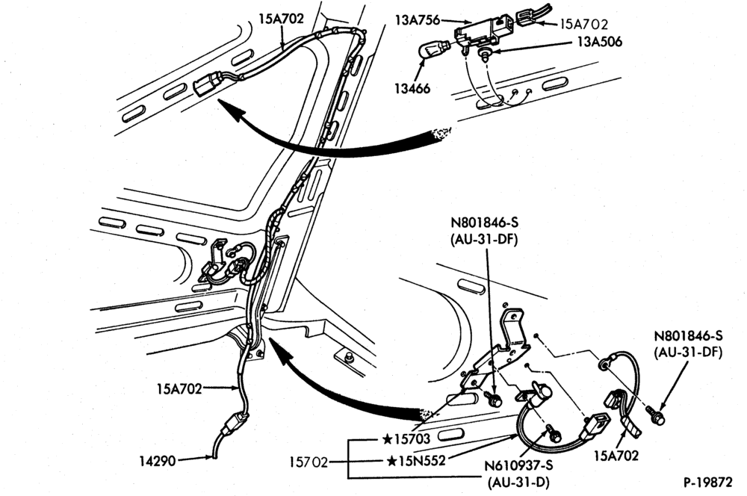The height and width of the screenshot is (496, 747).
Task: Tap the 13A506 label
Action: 599,42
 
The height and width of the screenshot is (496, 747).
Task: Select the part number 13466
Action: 412,88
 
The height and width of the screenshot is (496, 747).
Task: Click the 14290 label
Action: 157,461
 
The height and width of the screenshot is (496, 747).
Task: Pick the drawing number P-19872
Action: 708,483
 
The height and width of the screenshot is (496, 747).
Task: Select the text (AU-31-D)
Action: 519,483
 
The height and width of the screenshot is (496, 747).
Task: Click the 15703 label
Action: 412,438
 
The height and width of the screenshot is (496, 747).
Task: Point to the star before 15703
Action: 387,438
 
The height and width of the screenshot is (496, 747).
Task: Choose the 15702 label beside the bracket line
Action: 309,462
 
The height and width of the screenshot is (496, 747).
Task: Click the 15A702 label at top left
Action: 281,19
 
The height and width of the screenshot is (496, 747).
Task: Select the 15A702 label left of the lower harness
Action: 179,388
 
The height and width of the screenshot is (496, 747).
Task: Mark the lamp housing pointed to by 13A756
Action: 481,34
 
